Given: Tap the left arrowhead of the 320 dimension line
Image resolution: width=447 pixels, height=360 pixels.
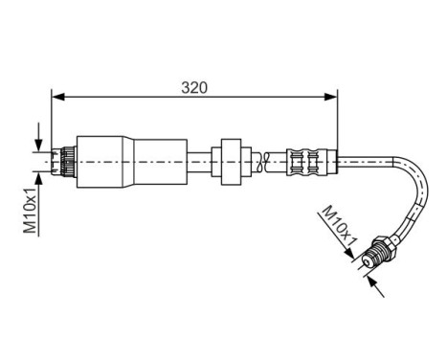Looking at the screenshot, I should [x=56, y=96].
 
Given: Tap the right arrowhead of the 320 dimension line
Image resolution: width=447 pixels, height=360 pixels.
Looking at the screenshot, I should [x=332, y=96].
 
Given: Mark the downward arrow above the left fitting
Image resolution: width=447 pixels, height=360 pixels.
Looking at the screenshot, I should [x=39, y=139].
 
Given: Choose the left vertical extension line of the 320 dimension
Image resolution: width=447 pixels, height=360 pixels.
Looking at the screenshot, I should [x=51, y=120].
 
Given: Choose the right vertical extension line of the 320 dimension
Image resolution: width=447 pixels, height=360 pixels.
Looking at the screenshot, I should [x=338, y=120].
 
